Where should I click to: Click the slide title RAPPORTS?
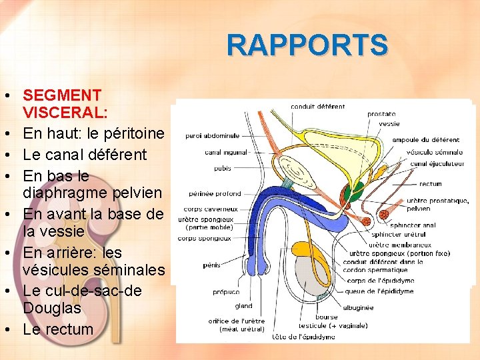click(x=307, y=45)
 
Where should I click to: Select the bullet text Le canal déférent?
click(x=85, y=155)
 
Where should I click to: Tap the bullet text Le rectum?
click(x=58, y=329)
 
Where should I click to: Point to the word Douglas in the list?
click(x=51, y=308)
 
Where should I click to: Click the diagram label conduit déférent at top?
click(x=317, y=107)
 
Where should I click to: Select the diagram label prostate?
click(x=381, y=114)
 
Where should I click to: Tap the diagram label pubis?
click(x=222, y=168)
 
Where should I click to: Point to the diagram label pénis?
click(x=211, y=265)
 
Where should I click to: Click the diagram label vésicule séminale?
click(x=434, y=152)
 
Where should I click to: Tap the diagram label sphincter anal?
click(x=413, y=225)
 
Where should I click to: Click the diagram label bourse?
click(x=327, y=317)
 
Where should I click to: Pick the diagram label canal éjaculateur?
click(x=436, y=164)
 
